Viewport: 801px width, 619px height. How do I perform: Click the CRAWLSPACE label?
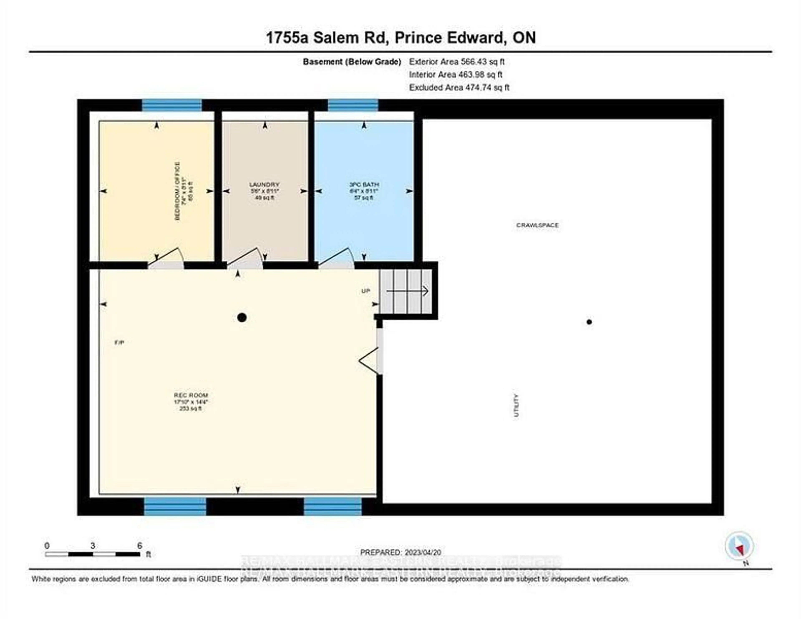point(537,225)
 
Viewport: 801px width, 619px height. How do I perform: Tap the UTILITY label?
point(516,405)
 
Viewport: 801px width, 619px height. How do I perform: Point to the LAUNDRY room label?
point(264,184)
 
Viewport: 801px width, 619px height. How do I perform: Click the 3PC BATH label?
point(364,184)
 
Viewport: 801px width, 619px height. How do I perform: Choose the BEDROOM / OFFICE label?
point(178,191)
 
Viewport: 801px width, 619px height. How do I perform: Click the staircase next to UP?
point(406,291)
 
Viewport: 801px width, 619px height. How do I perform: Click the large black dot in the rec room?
point(242,318)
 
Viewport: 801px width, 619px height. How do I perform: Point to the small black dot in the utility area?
point(589,322)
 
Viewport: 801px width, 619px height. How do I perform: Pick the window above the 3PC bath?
point(353,105)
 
